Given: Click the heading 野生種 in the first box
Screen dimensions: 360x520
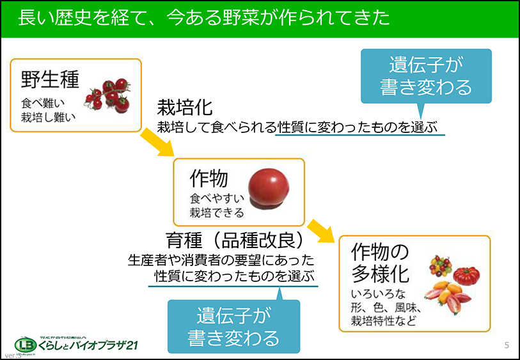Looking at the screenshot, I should click(50, 80).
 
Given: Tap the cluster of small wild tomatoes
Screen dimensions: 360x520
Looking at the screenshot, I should click(109, 94).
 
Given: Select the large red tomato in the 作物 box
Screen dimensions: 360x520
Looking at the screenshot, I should click(268, 188).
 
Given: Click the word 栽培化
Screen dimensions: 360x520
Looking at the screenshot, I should click(185, 107).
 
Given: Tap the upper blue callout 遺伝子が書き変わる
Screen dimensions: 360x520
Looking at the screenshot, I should click(426, 76).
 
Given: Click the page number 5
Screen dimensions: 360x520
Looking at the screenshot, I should click(507, 346).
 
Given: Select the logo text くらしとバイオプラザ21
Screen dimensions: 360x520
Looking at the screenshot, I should click(90, 346).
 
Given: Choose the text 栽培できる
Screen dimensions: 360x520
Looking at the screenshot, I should click(217, 212).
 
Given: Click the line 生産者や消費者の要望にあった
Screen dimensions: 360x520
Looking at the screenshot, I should click(221, 260).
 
